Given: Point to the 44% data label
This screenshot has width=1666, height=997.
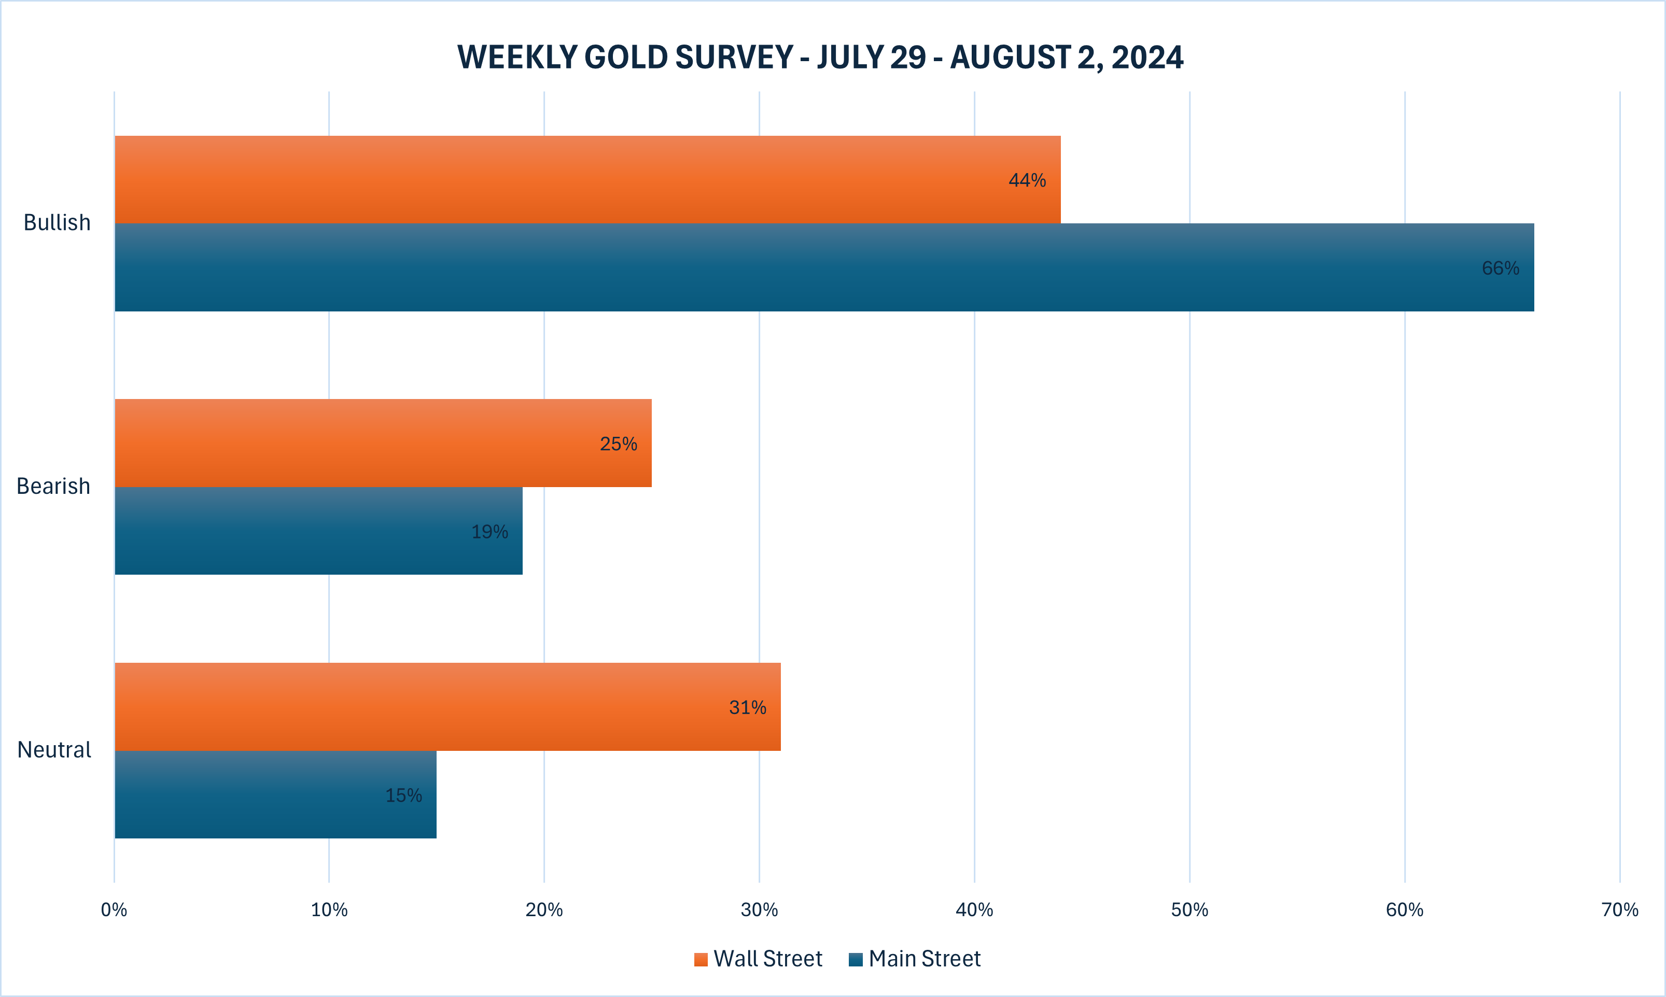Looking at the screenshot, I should coord(1027,180).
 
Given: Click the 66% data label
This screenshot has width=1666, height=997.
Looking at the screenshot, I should coord(1500,268).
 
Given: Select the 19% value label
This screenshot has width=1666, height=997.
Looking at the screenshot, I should coord(489,532).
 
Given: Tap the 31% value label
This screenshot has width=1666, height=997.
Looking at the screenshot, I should coord(747,707).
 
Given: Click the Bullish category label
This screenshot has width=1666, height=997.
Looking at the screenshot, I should coord(57,222).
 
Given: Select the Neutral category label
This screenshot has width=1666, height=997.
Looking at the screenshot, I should coord(54,750).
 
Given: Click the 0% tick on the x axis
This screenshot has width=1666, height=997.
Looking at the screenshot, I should coord(114,909).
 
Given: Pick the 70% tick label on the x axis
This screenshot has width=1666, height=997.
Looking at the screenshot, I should coord(1620,909).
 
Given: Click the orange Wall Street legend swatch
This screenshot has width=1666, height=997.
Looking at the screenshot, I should coord(701,959).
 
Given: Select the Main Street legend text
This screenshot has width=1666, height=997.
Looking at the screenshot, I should coord(924,959).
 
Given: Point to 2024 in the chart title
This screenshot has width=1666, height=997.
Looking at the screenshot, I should coord(1146,57).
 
